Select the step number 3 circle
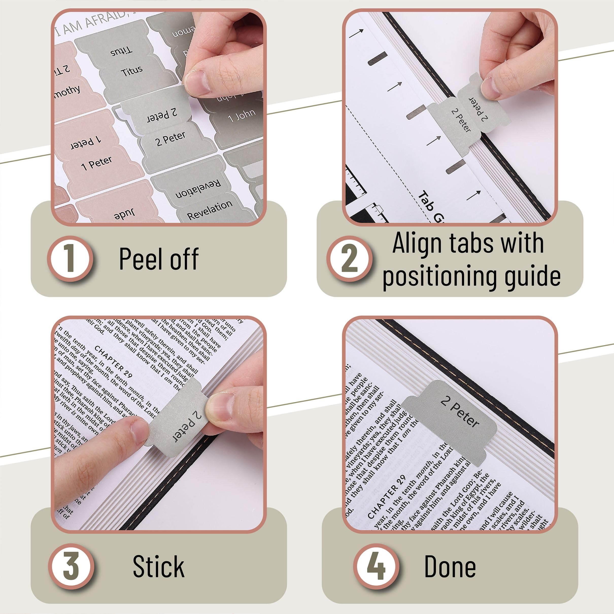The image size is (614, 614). click(x=71, y=566)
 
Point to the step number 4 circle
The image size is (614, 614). click(x=376, y=566)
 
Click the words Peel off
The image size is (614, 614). click(x=159, y=259)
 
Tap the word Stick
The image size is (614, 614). click(x=159, y=567)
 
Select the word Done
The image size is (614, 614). click(x=450, y=567)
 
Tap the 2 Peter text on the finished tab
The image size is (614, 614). click(x=459, y=412)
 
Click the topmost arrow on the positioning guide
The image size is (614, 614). click(x=356, y=33)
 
